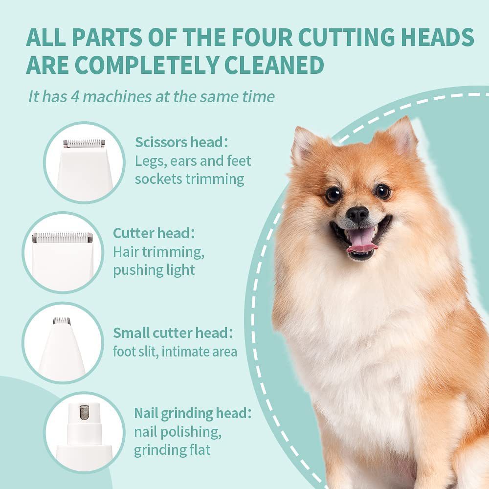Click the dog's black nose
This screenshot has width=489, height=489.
tap(357, 215)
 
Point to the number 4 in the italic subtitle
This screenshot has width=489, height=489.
tap(75, 96)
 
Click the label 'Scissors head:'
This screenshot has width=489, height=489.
tap(181, 142)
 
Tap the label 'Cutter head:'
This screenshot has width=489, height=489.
tap(154, 233)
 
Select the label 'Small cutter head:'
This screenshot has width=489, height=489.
tap(173, 333)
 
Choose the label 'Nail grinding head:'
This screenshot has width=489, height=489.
tap(193, 413)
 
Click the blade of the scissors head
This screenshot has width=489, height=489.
tap(84, 143)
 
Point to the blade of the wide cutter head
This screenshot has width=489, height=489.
tap(63, 238)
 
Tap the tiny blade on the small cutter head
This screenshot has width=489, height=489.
tap(62, 321)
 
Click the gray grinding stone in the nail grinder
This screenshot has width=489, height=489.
tap(84, 412)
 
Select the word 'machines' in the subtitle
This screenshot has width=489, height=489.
tap(117, 96)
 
